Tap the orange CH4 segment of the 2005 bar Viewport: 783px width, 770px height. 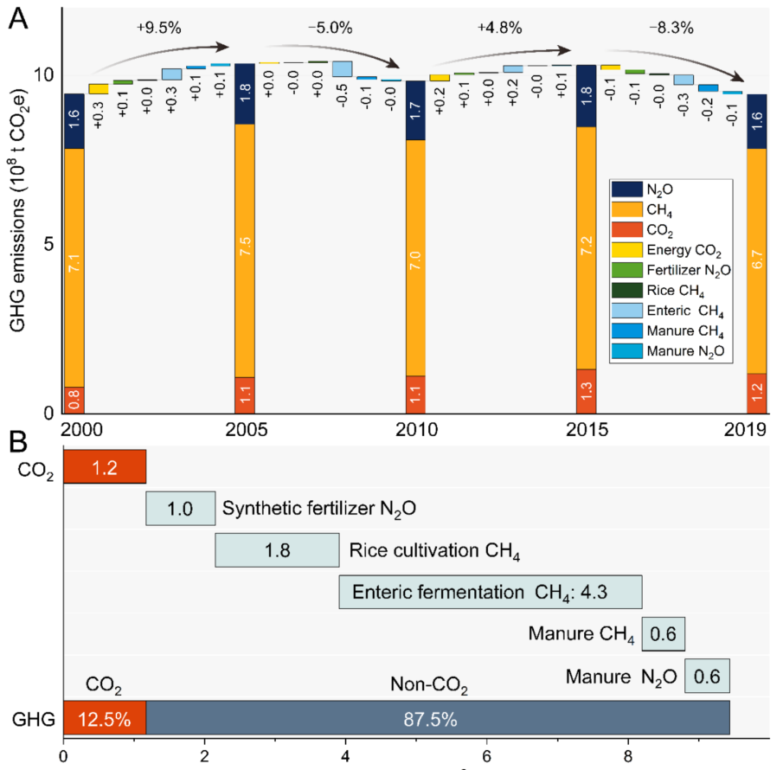[245, 250]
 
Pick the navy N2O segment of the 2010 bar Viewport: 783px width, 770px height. [416, 111]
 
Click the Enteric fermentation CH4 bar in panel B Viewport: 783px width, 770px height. [491, 593]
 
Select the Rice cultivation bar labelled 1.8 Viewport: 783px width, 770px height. [277, 550]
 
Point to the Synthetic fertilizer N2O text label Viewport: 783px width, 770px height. [319, 508]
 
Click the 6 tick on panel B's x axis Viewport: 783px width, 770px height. [487, 755]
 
